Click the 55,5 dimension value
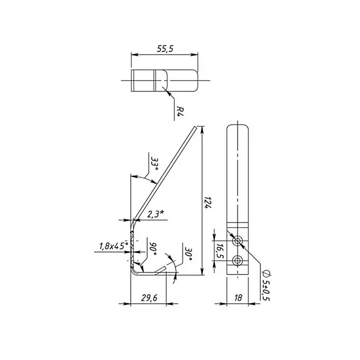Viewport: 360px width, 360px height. point(165,49)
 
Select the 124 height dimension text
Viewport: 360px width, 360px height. point(208,202)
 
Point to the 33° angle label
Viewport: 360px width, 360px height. point(155,164)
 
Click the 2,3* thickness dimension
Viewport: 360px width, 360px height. point(155,214)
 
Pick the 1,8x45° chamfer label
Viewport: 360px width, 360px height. point(114,246)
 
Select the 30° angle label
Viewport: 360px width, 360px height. point(188,254)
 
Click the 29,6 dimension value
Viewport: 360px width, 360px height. point(149,298)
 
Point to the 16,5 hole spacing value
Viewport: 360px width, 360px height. point(220,251)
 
